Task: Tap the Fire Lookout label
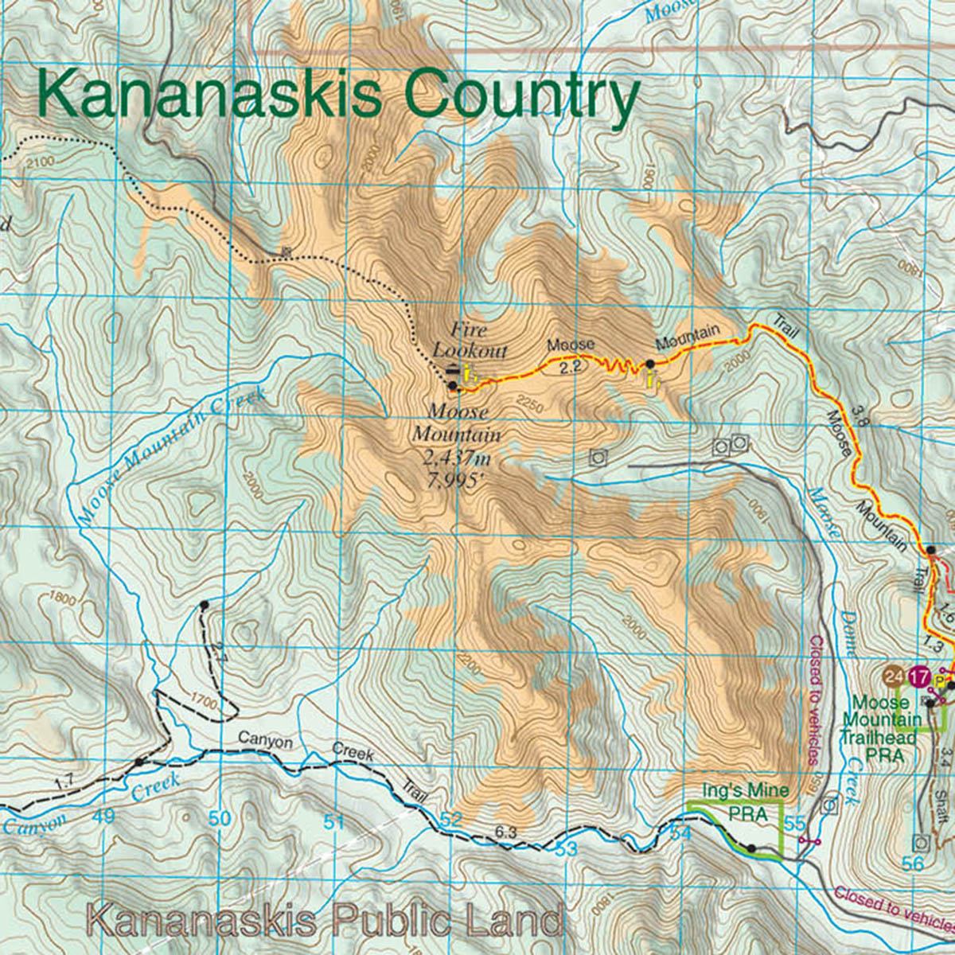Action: click(x=469, y=339)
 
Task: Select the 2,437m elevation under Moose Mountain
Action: click(x=457, y=458)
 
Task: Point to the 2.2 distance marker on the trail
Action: click(x=571, y=366)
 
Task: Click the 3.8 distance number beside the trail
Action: click(x=857, y=415)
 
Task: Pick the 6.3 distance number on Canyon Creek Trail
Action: click(x=506, y=832)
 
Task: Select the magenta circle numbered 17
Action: click(x=920, y=678)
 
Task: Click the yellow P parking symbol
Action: click(x=942, y=682)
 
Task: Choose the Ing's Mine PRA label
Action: click(x=746, y=802)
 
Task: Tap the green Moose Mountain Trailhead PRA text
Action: click(x=882, y=728)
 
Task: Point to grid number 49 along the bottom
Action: click(x=103, y=816)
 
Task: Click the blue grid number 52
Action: click(x=450, y=819)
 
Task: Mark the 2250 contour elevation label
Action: click(x=529, y=407)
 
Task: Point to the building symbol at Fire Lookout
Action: click(x=453, y=369)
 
